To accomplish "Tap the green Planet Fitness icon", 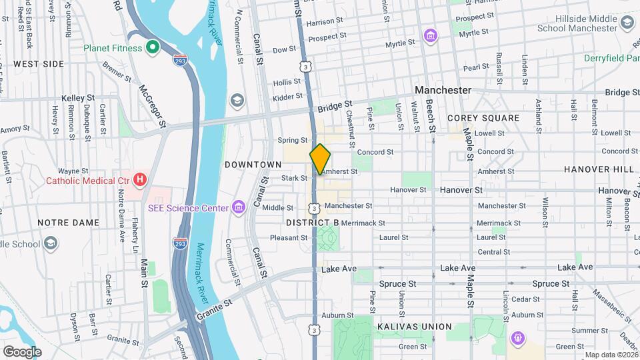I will point(152,48).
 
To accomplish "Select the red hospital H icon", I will point(140,179).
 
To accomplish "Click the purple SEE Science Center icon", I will point(238,208).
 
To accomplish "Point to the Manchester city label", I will point(443,90).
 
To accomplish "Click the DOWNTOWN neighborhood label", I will point(253,164).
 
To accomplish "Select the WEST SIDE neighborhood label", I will point(39,64).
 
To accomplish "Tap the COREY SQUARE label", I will point(483,118).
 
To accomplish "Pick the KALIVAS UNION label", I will point(414,327).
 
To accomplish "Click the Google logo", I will point(22,351).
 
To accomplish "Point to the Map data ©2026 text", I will point(611,355).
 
